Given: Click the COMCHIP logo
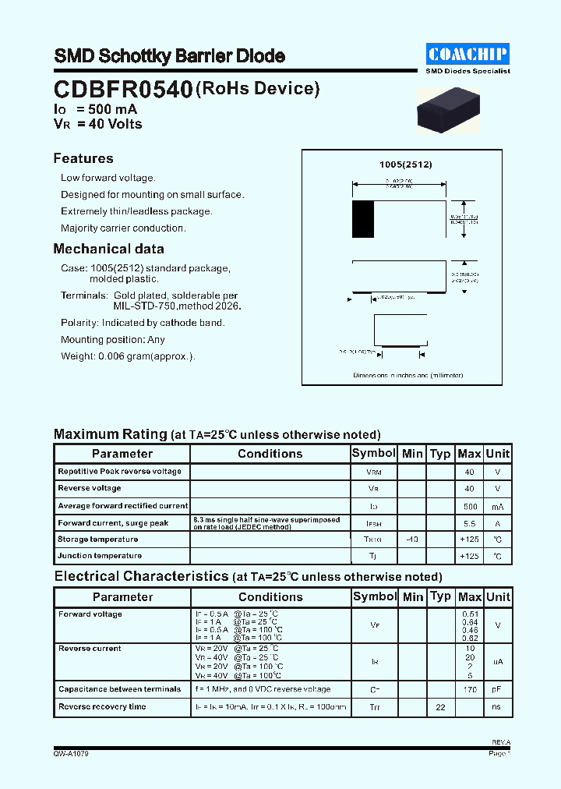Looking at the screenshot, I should [467, 54].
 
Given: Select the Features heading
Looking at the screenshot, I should [83, 158].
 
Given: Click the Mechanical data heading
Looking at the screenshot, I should [108, 249].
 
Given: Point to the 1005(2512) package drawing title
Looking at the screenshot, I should [405, 165].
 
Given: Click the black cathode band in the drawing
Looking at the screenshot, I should [363, 219].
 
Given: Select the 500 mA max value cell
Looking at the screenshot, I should [469, 506].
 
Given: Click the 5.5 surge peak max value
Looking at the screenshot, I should [469, 523].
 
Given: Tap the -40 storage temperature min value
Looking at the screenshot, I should [412, 540].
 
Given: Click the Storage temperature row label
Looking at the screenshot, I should [97, 540].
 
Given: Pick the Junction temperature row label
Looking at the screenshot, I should [100, 556].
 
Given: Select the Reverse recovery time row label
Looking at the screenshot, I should [102, 707].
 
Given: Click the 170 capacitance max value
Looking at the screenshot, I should [469, 690].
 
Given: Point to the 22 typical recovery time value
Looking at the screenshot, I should [440, 707].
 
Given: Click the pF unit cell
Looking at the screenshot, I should [497, 690].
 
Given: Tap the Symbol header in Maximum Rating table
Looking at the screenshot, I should [374, 453].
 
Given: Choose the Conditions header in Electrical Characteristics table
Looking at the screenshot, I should [270, 597].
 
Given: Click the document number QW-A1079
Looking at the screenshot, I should [72, 754].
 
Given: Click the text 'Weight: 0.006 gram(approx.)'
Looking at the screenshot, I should [128, 356].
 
